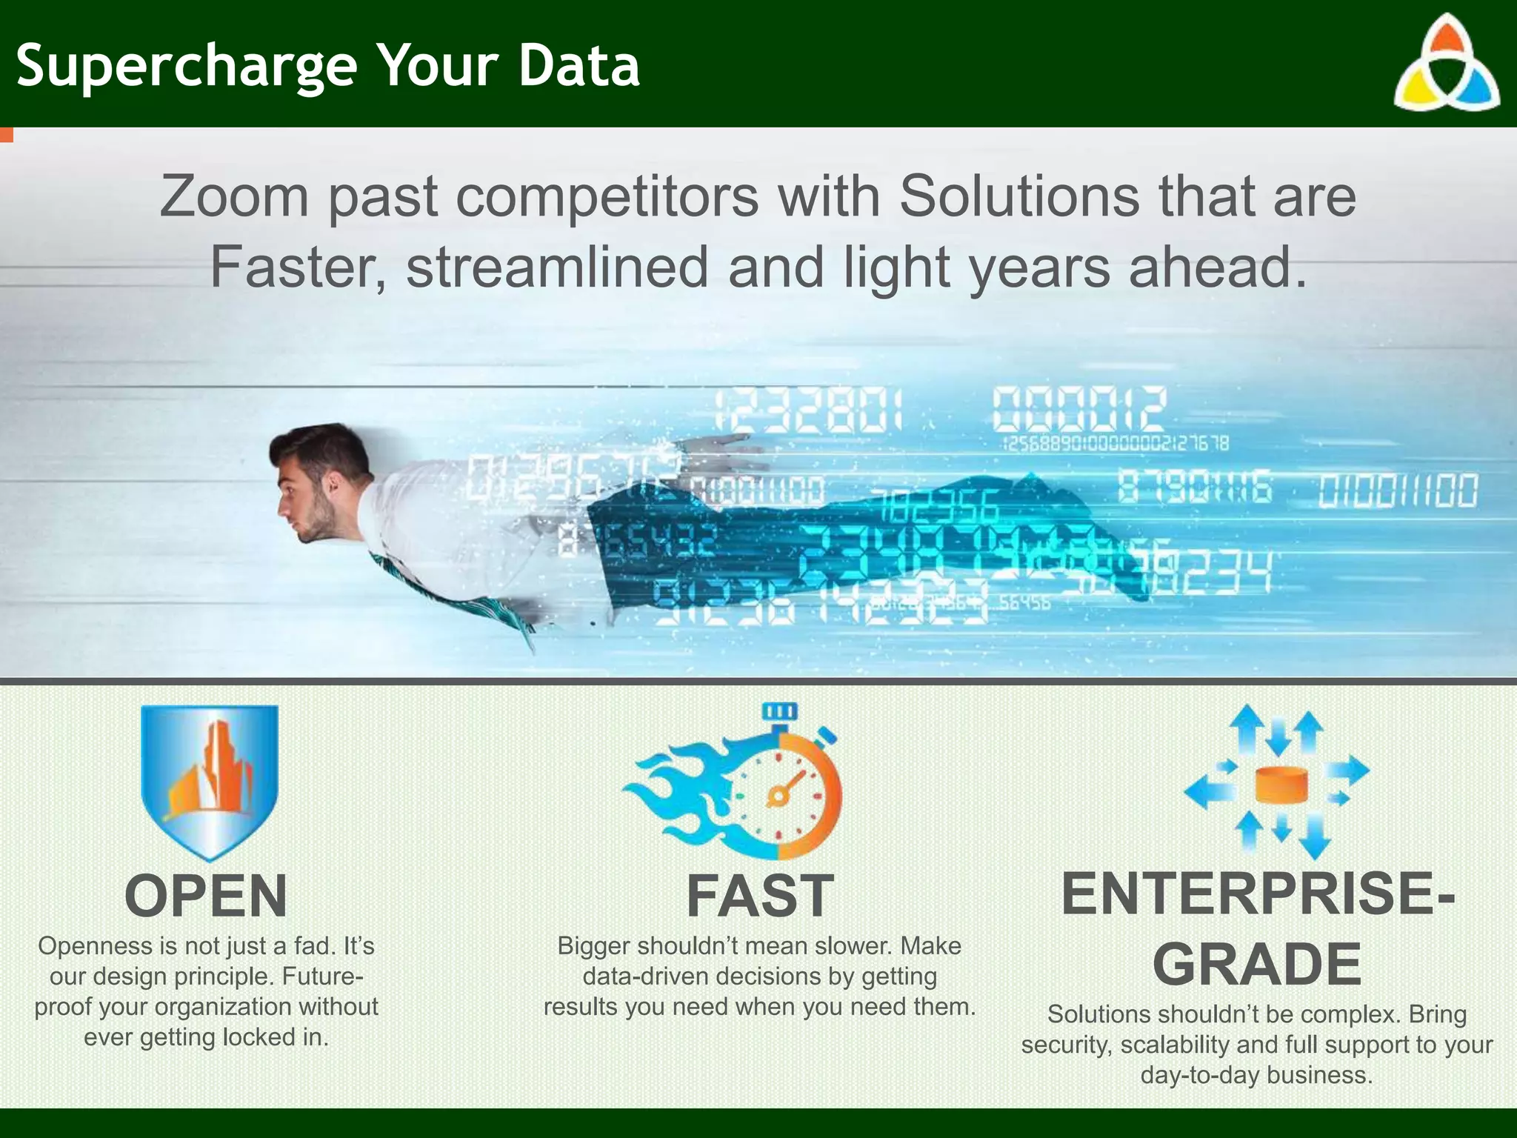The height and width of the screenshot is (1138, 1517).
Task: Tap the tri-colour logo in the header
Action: point(1447,65)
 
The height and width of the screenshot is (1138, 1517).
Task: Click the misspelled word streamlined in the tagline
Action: point(557,267)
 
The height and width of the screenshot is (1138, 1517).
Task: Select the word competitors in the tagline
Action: point(607,197)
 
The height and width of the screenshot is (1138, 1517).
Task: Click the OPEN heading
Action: point(206,896)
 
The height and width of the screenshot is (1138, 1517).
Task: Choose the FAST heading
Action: point(760,896)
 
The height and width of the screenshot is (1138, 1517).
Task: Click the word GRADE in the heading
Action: point(1257,965)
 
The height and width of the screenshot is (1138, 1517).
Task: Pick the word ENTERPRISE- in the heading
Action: point(1257,894)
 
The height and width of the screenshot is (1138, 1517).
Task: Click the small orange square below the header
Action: point(6,135)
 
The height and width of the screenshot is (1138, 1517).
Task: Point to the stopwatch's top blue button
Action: point(780,711)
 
